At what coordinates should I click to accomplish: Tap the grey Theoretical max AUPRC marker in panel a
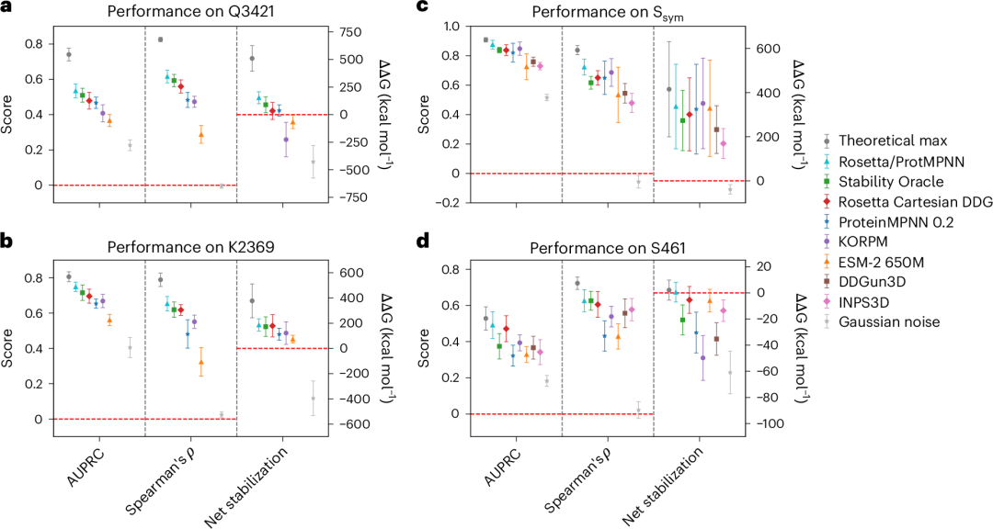click(x=69, y=54)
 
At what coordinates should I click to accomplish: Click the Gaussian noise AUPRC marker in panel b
click(x=130, y=348)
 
